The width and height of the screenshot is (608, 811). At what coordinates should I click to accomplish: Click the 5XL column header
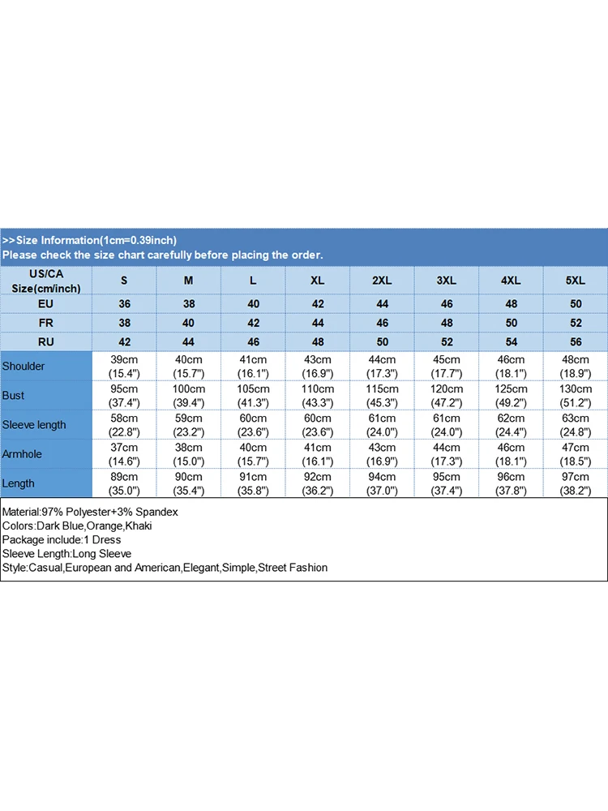tap(576, 280)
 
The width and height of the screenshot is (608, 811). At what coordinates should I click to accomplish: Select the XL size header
tap(318, 280)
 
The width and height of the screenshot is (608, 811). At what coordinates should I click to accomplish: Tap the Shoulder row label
tap(24, 367)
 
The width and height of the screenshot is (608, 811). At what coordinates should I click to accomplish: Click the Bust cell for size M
tap(189, 396)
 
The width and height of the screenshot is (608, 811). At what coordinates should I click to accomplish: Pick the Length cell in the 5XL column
tap(576, 483)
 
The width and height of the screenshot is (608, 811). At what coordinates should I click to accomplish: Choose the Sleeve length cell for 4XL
tap(511, 425)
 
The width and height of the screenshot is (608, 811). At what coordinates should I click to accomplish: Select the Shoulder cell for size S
tap(125, 367)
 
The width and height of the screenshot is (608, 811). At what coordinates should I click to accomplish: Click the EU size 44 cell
tap(382, 304)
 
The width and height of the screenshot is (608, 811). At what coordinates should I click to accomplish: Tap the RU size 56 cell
tap(576, 342)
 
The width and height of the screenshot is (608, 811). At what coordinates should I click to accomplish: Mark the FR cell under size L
tap(254, 323)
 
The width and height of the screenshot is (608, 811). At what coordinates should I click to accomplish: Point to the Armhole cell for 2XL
tap(382, 454)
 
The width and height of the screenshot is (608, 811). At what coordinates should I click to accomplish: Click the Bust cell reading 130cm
tap(576, 396)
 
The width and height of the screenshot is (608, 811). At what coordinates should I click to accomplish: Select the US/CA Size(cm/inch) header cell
tap(46, 281)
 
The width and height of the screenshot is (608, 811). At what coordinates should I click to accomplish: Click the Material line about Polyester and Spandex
tap(90, 513)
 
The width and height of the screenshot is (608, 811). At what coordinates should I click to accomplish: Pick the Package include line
tap(62, 540)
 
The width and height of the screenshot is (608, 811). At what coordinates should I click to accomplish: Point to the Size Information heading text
tap(89, 240)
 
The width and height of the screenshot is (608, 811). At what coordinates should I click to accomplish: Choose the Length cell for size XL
tap(318, 483)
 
